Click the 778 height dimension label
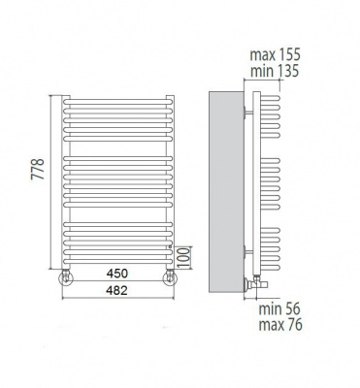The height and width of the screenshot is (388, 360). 38,169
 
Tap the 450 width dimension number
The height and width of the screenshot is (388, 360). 117,274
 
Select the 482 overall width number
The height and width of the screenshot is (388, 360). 117,290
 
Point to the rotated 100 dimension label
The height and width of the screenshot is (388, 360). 184,258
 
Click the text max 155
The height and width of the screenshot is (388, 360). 275,54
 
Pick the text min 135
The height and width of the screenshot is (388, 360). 275,71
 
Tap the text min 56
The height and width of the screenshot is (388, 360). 279,309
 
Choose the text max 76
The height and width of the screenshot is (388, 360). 280,325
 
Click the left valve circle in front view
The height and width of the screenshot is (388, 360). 66,278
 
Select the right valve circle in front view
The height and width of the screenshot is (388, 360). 170,278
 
